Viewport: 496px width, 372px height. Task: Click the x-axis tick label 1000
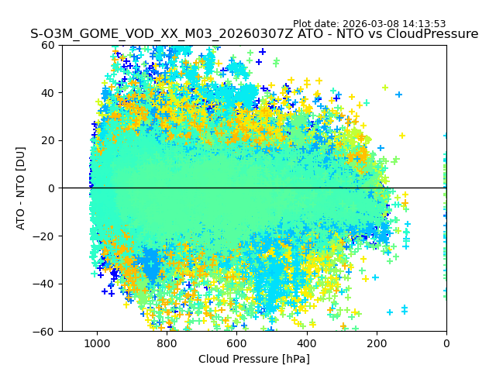[97, 343]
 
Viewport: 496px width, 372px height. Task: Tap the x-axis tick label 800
[167, 343]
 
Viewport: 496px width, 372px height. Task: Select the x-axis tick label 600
[236, 343]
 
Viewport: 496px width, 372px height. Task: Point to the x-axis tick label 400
[307, 343]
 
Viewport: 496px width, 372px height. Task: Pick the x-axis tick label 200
[377, 343]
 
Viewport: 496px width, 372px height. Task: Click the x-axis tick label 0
[446, 343]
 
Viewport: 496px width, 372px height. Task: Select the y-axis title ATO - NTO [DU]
[21, 188]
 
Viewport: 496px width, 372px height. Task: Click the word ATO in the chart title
[303, 34]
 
